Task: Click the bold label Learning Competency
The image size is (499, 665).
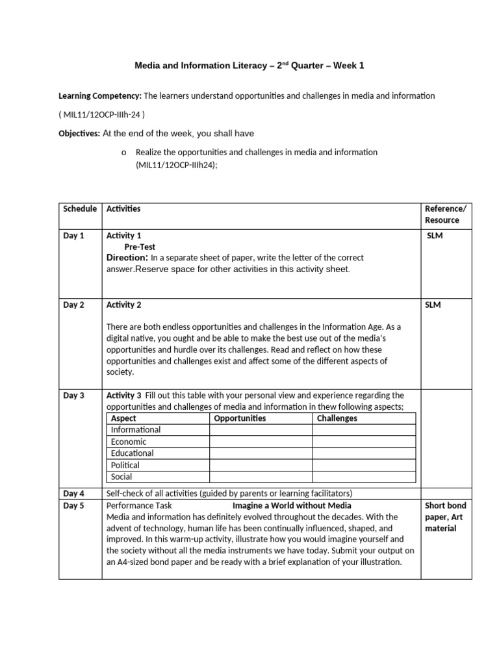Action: [x=100, y=96]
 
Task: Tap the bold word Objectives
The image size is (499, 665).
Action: [x=79, y=133]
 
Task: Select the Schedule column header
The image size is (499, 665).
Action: [x=80, y=208]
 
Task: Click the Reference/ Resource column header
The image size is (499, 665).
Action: [x=445, y=214]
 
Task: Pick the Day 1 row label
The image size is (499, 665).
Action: [x=73, y=236]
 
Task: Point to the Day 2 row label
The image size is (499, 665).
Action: [x=73, y=305]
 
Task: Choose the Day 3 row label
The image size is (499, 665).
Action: [x=73, y=395]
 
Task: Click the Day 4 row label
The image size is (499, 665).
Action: [x=73, y=493]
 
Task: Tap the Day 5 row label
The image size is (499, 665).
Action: [x=73, y=505]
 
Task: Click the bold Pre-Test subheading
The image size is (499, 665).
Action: [x=140, y=247]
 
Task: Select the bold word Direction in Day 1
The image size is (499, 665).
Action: [x=127, y=258]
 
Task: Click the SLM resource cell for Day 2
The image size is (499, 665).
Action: [x=433, y=305]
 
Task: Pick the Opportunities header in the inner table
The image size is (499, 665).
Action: [x=240, y=418]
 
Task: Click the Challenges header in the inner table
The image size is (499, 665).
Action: [x=337, y=418]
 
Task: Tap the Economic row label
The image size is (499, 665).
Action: [x=129, y=442]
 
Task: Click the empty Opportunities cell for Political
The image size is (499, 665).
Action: [x=260, y=465]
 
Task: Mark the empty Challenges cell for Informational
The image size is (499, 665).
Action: [x=363, y=430]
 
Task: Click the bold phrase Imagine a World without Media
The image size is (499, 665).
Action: [x=292, y=505]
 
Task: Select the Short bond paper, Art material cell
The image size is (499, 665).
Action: [x=445, y=517]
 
